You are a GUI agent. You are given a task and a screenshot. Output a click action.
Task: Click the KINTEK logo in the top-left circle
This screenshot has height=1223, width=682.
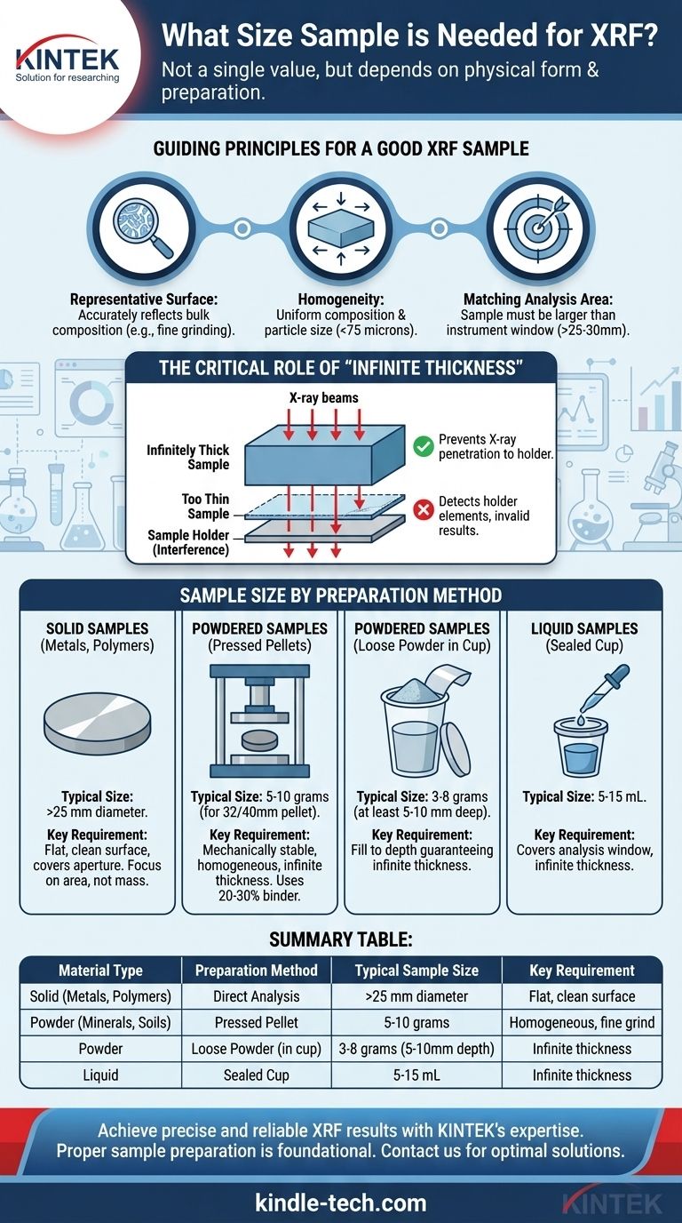click(x=67, y=61)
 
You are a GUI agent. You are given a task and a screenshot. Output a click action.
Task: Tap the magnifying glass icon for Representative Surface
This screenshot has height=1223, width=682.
click(x=143, y=228)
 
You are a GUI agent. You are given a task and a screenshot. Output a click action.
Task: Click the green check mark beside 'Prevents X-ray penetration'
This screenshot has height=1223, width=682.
click(x=423, y=446)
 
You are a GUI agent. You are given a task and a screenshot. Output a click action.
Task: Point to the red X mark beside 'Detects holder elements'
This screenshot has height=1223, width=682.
click(x=423, y=510)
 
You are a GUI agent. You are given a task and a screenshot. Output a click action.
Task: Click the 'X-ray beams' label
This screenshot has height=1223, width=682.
click(x=323, y=397)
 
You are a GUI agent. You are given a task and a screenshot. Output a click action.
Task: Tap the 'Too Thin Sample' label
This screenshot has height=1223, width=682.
click(x=206, y=506)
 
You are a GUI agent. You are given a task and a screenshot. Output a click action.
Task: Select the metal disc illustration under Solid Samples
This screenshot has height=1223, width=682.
click(x=97, y=723)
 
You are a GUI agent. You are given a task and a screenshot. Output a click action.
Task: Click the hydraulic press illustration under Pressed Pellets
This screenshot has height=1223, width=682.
click(x=259, y=721)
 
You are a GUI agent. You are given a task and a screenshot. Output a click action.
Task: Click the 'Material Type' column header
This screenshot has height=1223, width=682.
click(x=100, y=971)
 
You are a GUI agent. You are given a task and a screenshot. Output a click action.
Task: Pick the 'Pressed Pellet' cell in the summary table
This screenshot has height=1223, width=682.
click(x=257, y=1022)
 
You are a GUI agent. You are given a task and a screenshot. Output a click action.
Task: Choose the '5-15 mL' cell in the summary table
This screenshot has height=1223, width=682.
click(x=416, y=1075)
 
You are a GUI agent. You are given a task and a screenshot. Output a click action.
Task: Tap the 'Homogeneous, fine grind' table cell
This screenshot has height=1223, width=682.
click(x=582, y=1022)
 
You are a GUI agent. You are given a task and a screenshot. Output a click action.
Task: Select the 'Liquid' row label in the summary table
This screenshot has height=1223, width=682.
click(x=100, y=1075)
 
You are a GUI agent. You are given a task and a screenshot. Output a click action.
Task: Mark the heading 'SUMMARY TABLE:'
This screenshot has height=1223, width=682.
click(x=340, y=939)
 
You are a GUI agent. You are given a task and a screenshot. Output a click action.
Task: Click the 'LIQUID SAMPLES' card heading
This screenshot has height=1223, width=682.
click(x=584, y=628)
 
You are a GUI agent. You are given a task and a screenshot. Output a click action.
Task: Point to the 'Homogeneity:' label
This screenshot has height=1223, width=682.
click(x=340, y=300)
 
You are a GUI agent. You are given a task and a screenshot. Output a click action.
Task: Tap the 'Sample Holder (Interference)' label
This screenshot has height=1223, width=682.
click(x=188, y=542)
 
